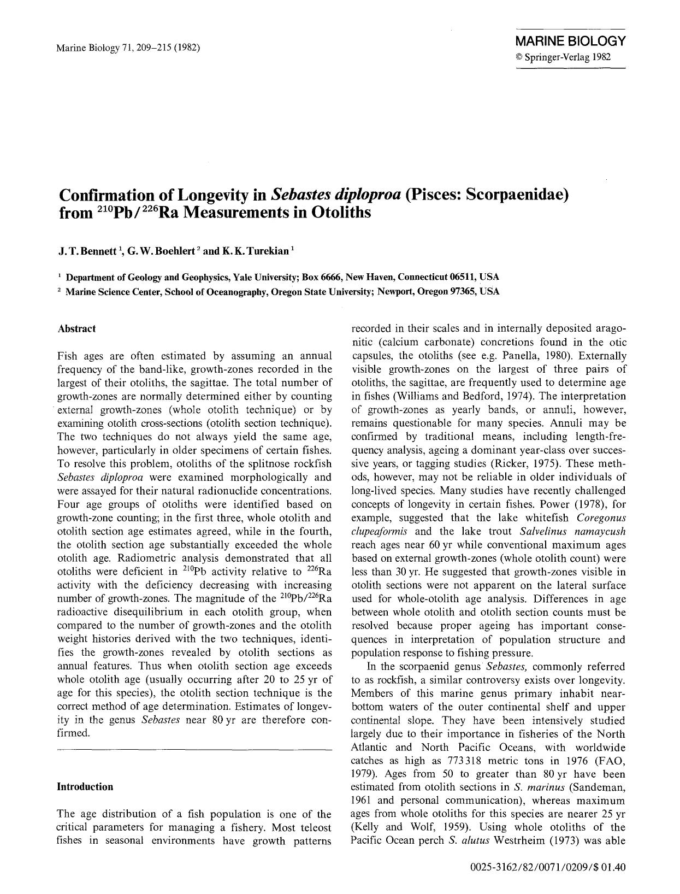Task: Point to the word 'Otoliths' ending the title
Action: [x=340, y=213]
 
